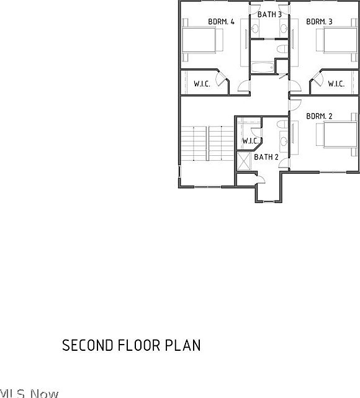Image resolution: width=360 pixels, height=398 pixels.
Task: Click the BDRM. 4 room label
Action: pos(221,22)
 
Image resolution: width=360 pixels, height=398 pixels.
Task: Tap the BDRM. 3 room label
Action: pos(319,22)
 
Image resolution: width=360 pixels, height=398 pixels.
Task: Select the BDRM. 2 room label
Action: pos(319,116)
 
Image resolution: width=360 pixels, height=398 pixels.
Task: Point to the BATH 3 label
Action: pos(269,14)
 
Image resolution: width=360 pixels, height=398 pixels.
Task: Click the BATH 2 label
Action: pos(266,157)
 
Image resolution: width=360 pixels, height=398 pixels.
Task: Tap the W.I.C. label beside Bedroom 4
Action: pos(202,84)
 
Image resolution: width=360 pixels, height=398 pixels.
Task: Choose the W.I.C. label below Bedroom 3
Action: pos(336,84)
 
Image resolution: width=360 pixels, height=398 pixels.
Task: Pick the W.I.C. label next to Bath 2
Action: pos(250,141)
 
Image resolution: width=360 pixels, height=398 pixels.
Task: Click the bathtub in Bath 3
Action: pos(262,67)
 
